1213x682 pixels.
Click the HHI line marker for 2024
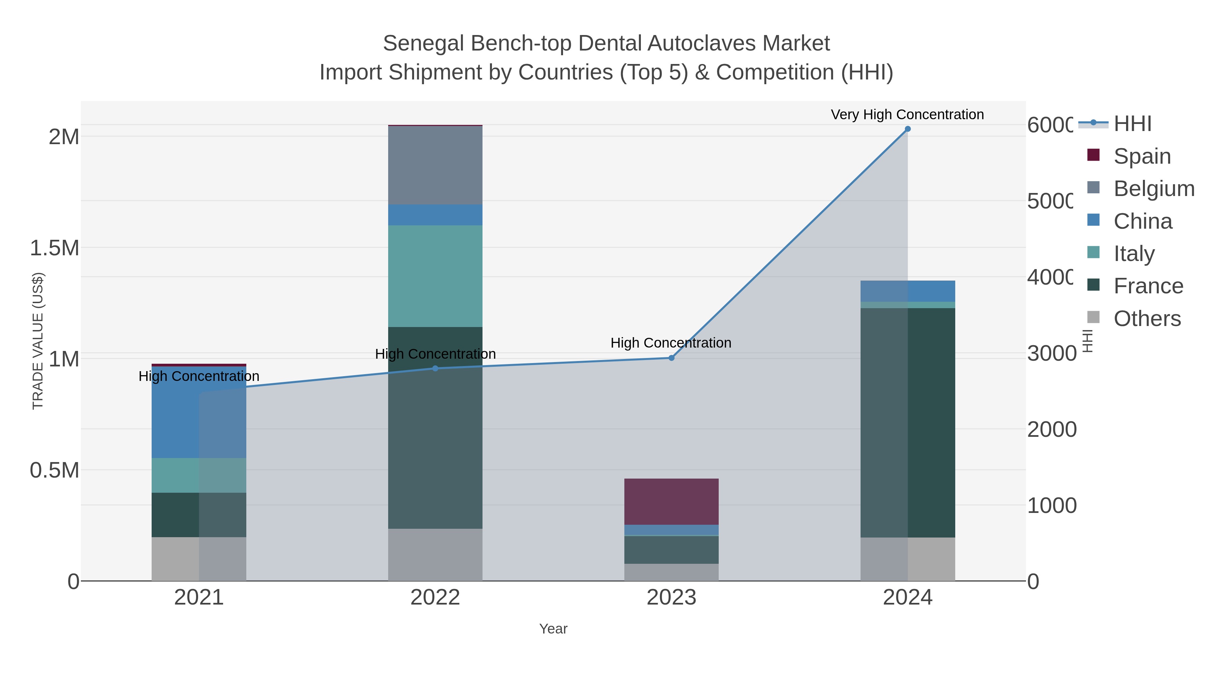pos(907,129)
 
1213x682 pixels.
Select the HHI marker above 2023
pos(672,358)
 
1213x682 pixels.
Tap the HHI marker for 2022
pos(435,368)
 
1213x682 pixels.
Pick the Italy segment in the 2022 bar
pos(435,276)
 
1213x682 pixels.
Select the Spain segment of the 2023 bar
pos(672,501)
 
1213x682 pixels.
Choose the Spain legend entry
pos(1142,156)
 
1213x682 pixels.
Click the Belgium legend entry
pos(1153,189)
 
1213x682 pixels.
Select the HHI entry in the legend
pos(1132,124)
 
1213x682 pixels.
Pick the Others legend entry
pos(1147,319)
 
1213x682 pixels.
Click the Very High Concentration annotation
pos(907,115)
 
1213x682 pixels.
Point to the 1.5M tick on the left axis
pos(55,248)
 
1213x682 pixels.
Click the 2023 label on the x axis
pos(672,597)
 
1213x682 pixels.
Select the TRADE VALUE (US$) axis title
pos(38,341)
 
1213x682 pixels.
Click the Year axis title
pos(553,629)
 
